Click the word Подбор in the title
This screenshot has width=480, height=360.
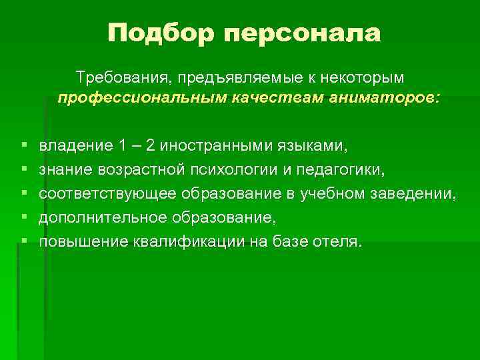(x=161, y=33)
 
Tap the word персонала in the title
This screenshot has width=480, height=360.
(x=302, y=33)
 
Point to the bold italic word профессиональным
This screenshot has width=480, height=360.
(x=142, y=99)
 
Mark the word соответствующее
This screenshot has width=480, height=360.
(x=107, y=193)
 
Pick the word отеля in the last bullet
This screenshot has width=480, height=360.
(x=337, y=241)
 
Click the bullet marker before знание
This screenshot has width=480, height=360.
(x=23, y=169)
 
